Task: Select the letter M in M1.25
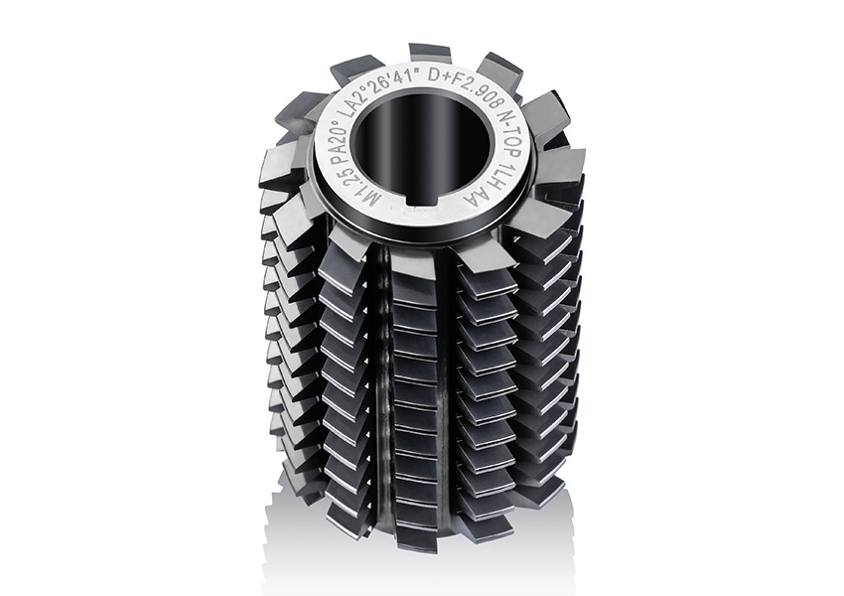(344, 194)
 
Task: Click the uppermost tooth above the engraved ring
(429, 53)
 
